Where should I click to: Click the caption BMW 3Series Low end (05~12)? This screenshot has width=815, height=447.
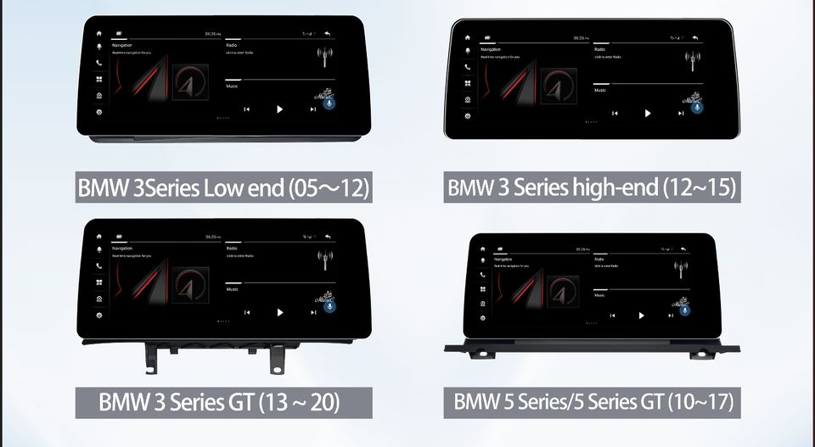(224, 187)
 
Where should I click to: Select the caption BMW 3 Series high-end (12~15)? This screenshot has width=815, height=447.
(591, 186)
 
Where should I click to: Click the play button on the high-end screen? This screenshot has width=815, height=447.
(648, 113)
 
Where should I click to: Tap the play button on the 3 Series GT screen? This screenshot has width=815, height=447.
(280, 312)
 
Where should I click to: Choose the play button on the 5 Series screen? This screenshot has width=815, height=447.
(641, 315)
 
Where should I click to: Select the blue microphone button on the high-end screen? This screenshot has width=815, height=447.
(698, 107)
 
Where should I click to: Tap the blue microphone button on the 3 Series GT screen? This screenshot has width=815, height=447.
(330, 306)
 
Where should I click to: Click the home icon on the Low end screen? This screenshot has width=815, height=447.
(99, 33)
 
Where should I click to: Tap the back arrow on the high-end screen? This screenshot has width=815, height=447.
(695, 37)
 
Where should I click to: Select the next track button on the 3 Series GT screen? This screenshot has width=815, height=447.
(313, 312)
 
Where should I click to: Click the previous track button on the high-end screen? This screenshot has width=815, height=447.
(615, 113)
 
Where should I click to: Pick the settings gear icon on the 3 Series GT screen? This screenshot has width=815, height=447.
(99, 316)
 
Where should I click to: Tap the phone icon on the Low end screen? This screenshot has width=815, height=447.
(99, 63)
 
